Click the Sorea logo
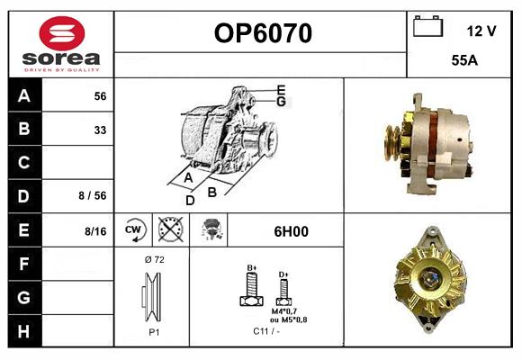pyautogui.click(x=61, y=44)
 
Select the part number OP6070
pyautogui.click(x=262, y=34)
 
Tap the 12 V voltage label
pyautogui.click(x=481, y=31)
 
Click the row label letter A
pyautogui.click(x=24, y=96)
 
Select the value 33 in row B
pyautogui.click(x=100, y=129)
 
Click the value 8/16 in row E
pyautogui.click(x=94, y=231)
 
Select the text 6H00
pyautogui.click(x=291, y=231)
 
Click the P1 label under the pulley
pyautogui.click(x=153, y=330)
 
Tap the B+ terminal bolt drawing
pyautogui.click(x=253, y=289)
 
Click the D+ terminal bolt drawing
pyautogui.click(x=283, y=290)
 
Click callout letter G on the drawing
pyautogui.click(x=281, y=102)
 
